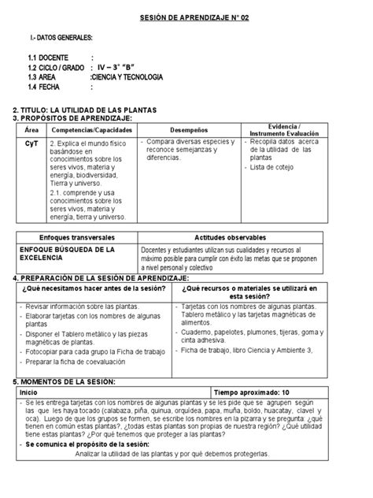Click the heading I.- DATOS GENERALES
[60, 38]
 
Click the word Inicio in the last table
[28, 392]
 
